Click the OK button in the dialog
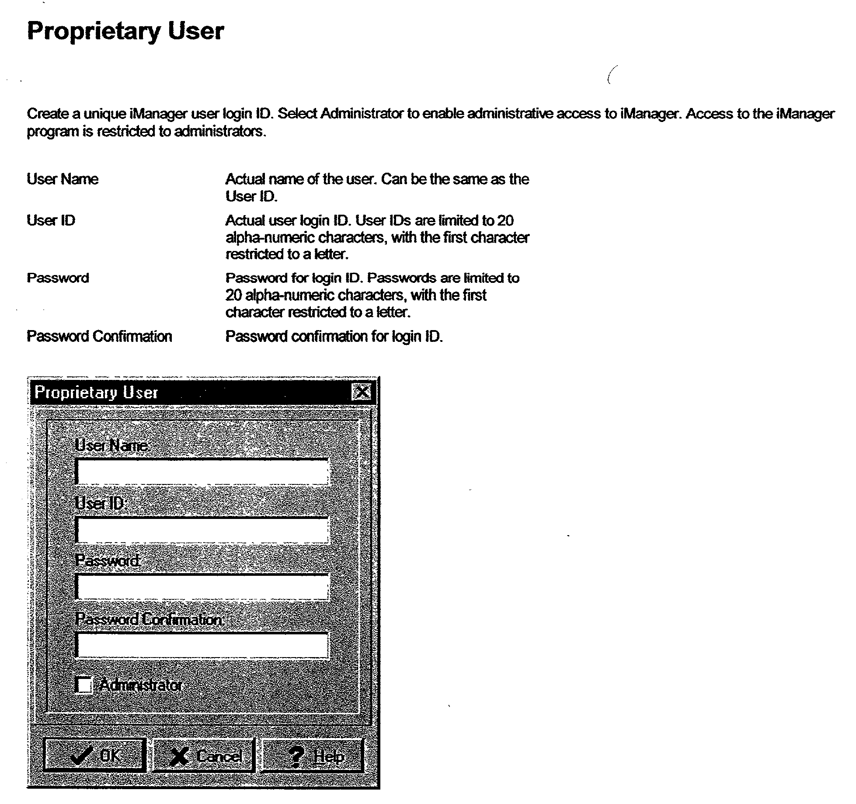(94, 755)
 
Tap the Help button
(312, 755)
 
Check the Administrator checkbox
(84, 685)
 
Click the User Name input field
(202, 472)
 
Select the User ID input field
(202, 530)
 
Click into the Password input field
(202, 587)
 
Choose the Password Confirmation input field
(202, 645)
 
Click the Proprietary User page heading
(125, 31)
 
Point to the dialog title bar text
(96, 392)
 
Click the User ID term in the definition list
(51, 220)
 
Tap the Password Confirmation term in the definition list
(99, 336)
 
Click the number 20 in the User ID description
(505, 220)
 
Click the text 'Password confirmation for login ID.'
(334, 336)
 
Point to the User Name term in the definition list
(63, 179)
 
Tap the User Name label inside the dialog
(111, 445)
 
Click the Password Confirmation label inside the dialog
(149, 619)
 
